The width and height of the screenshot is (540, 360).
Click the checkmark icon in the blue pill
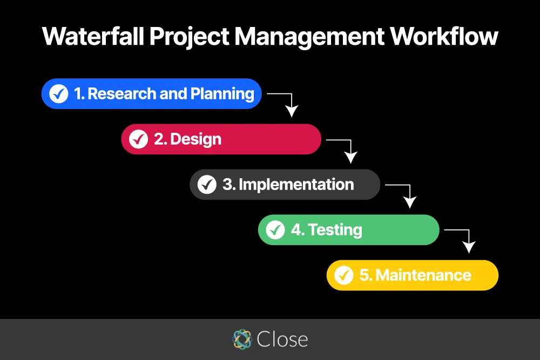58,94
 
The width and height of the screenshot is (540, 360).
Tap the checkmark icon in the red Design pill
138,139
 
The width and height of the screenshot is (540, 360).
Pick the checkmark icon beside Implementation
207,185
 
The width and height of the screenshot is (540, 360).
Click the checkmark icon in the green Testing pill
275,230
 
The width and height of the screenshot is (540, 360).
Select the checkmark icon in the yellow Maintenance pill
344,275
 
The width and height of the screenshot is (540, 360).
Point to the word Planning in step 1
222,94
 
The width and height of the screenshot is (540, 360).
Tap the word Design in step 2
195,139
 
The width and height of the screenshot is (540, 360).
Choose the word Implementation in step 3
296,185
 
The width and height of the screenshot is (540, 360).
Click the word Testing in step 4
335,230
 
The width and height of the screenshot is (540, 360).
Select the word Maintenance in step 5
423,275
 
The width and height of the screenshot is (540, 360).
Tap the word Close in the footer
282,339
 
